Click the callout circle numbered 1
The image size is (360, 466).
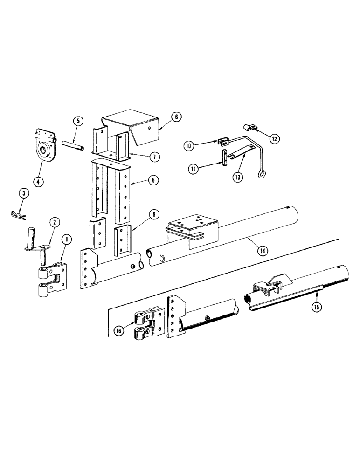[x=68, y=241]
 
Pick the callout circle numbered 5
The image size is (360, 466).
[x=78, y=121]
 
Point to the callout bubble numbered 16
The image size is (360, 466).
[x=119, y=331]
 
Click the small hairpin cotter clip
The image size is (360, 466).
[x=18, y=214]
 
